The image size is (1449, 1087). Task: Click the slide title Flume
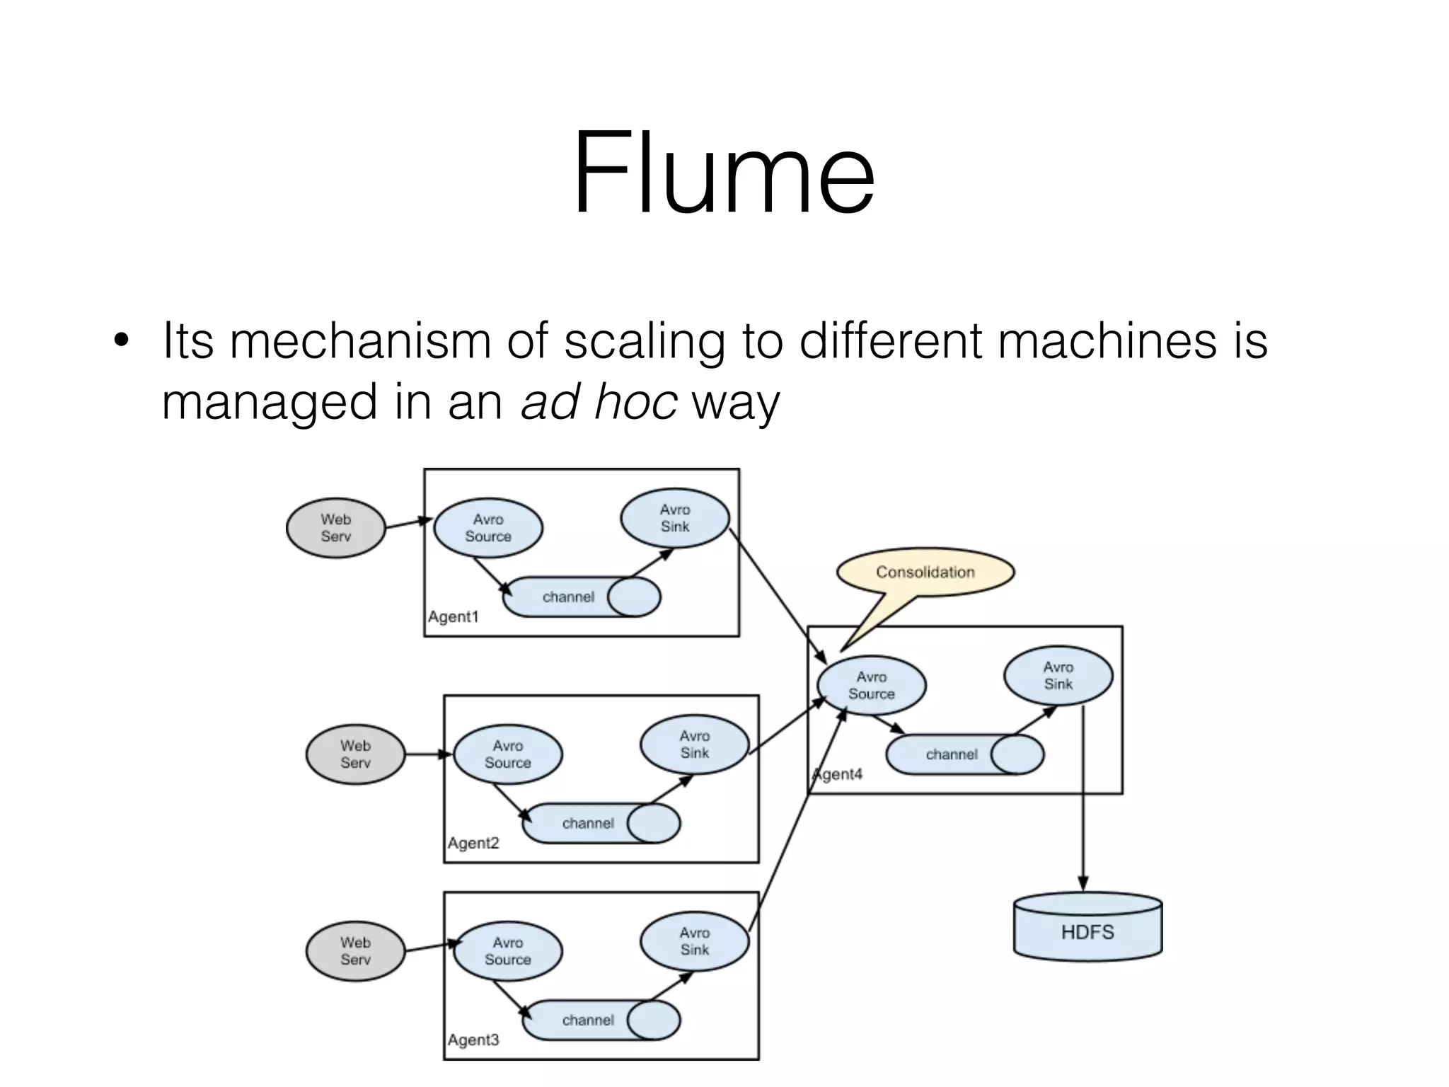click(x=723, y=173)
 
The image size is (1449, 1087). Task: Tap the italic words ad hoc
click(x=599, y=402)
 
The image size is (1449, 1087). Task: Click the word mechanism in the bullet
click(x=360, y=341)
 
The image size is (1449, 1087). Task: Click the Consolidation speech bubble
click(x=925, y=572)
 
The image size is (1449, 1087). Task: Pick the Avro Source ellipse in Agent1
click(x=488, y=529)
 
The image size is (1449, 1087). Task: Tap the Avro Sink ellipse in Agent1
click(x=675, y=518)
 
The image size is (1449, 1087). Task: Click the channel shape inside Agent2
click(x=601, y=823)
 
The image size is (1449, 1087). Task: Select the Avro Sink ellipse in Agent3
click(x=694, y=942)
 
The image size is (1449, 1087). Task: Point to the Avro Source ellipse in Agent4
click(x=871, y=686)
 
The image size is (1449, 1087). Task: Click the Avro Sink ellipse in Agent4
click(x=1058, y=676)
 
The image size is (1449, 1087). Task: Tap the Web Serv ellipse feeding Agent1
click(x=335, y=529)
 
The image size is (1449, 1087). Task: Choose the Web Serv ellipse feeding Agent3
click(x=355, y=951)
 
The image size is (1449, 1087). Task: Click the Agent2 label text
click(x=473, y=844)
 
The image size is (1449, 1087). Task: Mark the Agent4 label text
click(x=839, y=774)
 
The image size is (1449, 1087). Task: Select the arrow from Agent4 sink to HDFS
click(x=1083, y=800)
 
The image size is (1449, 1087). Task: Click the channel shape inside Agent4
click(x=964, y=754)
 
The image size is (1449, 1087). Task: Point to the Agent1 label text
click(x=454, y=617)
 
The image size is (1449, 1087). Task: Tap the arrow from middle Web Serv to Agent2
click(x=429, y=754)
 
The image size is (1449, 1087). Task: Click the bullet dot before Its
click(x=122, y=342)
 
